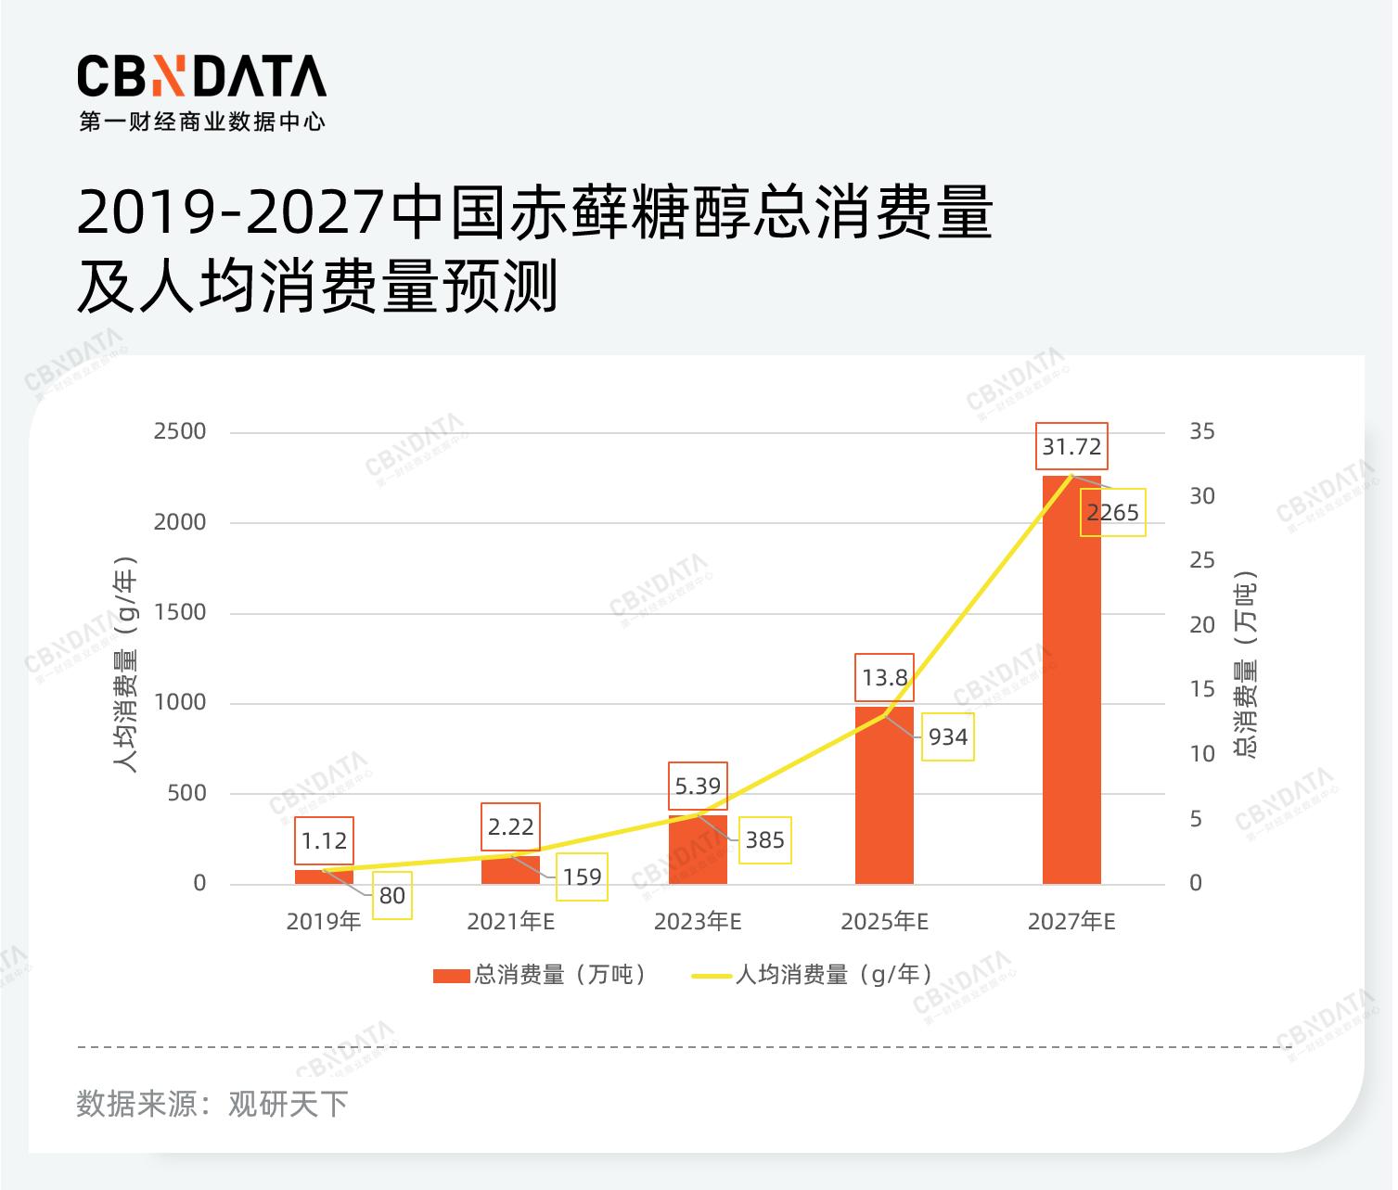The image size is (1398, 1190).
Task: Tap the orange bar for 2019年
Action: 324,877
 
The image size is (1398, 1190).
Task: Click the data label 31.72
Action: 1071,447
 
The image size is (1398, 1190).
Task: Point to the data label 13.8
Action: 884,678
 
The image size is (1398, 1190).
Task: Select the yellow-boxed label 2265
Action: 1112,512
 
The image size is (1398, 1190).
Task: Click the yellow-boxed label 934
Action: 947,737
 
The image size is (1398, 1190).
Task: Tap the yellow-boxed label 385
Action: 764,840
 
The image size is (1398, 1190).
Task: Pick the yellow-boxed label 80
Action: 391,896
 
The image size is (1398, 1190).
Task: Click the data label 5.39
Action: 698,787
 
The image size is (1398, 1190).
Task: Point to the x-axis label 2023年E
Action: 698,922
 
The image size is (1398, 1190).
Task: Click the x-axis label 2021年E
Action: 510,922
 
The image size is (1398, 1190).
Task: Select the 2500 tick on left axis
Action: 180,432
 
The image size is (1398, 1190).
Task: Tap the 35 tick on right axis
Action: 1202,432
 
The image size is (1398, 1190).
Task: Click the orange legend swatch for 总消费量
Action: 452,976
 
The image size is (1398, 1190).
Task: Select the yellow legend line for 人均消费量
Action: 712,976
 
